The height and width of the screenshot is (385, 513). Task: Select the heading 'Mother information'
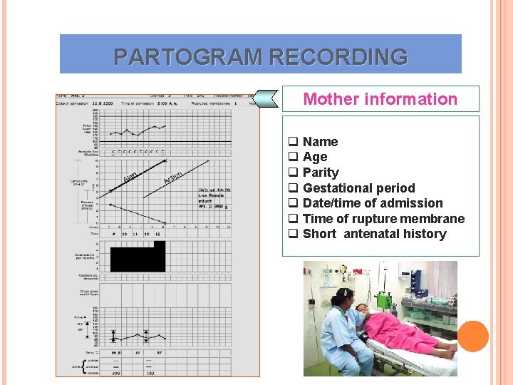[380, 99]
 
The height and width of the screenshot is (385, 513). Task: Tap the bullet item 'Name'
[320, 142]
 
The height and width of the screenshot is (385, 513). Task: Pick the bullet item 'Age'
[315, 157]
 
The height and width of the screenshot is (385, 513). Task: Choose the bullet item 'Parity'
[321, 173]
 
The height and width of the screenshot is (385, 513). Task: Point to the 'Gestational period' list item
[358, 188]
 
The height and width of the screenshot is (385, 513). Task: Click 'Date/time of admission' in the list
[373, 203]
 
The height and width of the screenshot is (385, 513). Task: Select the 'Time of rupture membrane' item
[383, 219]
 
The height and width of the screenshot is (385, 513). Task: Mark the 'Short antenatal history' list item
[374, 234]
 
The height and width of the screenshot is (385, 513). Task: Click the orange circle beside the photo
[473, 336]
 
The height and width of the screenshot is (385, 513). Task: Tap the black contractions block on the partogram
[137, 257]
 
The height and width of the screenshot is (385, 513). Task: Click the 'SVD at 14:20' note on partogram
[214, 190]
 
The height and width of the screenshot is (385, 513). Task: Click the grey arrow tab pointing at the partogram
[267, 99]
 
